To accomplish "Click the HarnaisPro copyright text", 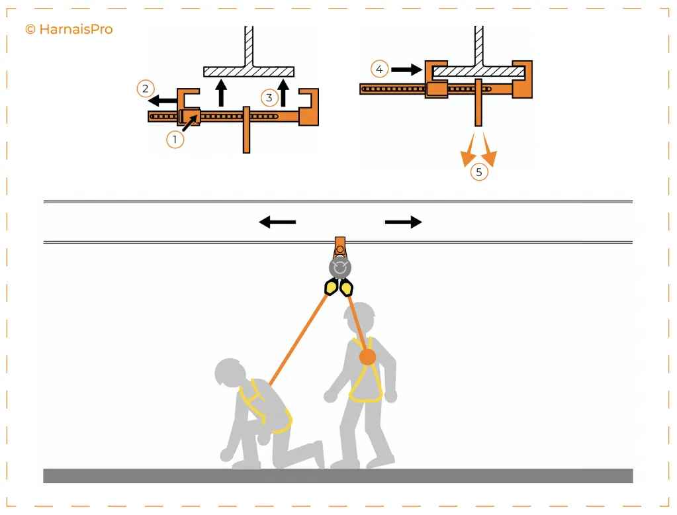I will coord(69,29).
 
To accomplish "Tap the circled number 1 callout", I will coord(175,139).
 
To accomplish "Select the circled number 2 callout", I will coord(146,87).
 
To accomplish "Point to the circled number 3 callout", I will coord(269,98).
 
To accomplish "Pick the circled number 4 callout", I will coord(379,68).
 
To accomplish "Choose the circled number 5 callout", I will coord(479,172).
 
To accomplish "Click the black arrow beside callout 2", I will coord(162,101).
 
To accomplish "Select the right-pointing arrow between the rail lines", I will coord(403,222).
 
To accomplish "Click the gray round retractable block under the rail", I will coord(340,267).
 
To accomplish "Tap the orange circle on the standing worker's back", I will coord(367,357).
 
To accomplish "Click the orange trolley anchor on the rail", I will coord(340,246).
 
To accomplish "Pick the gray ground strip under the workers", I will coord(338,475).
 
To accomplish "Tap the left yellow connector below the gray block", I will coord(331,287).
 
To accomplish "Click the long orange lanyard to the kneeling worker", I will coord(298,341).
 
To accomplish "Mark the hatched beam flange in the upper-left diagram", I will coord(249,71).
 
